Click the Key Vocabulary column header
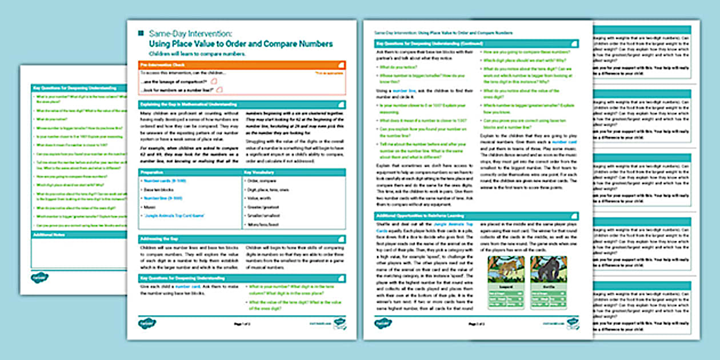pyautogui.click(x=294, y=172)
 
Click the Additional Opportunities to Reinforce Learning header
pyautogui.click(x=477, y=215)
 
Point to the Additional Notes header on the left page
pyautogui.click(x=79, y=235)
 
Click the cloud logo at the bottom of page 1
pyautogui.click(x=140, y=324)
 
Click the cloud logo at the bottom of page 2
pyautogui.click(x=381, y=324)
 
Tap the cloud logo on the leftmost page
pyautogui.click(x=39, y=278)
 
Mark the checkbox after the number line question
pyautogui.click(x=218, y=90)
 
